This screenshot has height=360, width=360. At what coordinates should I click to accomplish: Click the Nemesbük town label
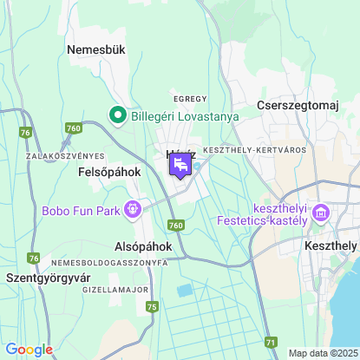tap(96, 50)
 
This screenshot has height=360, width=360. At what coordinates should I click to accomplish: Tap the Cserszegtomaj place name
tap(297, 105)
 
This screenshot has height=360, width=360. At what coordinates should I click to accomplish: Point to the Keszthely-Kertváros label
tap(254, 150)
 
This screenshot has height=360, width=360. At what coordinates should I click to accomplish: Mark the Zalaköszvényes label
tap(59, 156)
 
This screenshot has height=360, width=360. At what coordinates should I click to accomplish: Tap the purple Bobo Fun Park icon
tap(133, 208)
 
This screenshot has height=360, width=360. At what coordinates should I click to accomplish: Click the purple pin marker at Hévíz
tap(180, 165)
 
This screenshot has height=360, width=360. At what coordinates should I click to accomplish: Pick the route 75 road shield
tap(153, 306)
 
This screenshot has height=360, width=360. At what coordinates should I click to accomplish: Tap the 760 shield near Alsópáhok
tap(177, 225)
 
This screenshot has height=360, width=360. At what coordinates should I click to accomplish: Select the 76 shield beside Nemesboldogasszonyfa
tap(34, 259)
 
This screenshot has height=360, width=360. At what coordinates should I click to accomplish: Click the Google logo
tap(29, 349)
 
